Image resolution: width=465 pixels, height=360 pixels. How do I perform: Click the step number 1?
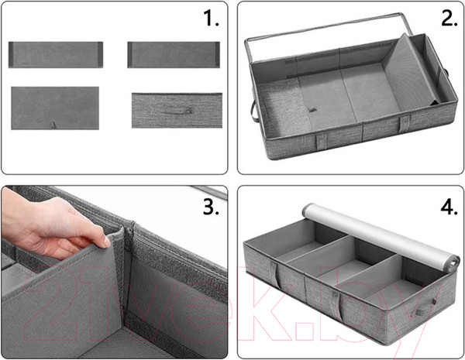coord(211,19)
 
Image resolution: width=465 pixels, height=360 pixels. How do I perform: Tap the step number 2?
coord(449,19)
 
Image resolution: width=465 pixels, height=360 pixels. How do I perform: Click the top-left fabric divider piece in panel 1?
coord(56,55)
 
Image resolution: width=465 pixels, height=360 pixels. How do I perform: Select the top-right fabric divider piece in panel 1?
coord(174,55)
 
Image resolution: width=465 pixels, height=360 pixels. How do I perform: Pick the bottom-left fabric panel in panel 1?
coord(55,108)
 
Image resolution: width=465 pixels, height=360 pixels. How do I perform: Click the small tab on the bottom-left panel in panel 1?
coord(53,125)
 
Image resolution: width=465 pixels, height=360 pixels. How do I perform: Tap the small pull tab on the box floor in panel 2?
coord(312,110)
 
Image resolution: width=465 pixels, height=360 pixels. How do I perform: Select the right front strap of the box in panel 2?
coord(405,124)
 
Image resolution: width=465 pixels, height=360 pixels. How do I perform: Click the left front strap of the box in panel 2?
coord(322,142)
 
